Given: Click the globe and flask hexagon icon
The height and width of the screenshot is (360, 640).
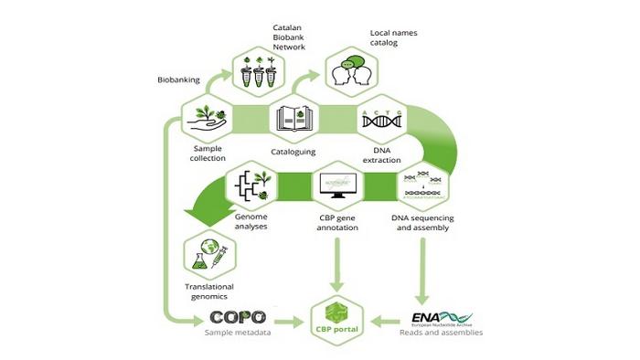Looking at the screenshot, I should pyautogui.click(x=208, y=255).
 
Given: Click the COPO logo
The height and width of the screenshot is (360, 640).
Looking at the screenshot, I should pyautogui.click(x=238, y=317).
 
